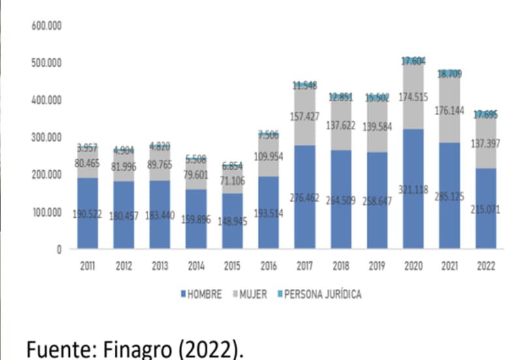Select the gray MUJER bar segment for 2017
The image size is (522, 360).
point(305,117)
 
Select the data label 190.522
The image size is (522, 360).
point(87,215)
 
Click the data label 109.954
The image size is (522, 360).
point(269,157)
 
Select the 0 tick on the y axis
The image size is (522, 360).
point(58,249)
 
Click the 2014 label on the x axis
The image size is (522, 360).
point(196,267)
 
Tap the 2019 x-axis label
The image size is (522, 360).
point(377,267)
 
